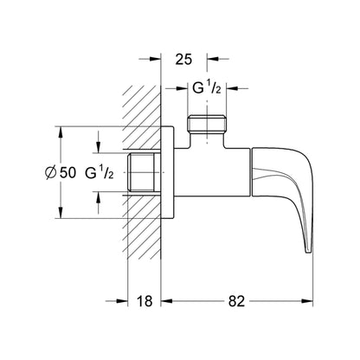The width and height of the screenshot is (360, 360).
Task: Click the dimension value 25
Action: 183,60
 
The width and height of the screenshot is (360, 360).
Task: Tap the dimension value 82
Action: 236,301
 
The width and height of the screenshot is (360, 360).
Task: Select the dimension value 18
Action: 145,301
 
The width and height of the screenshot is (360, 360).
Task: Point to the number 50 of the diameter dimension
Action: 67,173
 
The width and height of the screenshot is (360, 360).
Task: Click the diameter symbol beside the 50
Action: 50,173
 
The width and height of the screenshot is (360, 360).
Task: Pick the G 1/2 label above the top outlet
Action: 207,87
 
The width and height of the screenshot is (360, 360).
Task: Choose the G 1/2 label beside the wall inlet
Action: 100,173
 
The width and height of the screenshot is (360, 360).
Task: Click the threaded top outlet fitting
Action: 207,124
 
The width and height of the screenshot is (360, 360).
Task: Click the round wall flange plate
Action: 167,172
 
